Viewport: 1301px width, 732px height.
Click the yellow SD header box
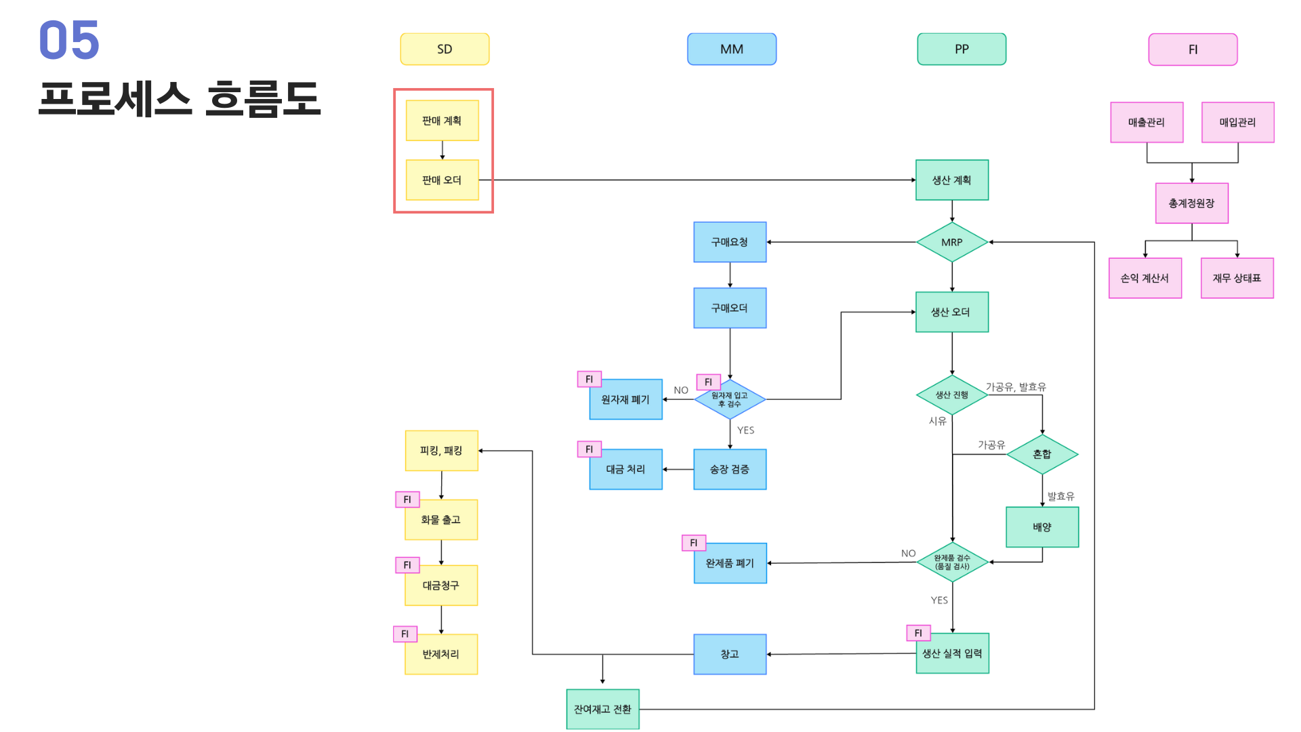[x=445, y=49]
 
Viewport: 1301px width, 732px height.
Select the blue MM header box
[x=732, y=49]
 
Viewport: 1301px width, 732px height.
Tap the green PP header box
[x=962, y=49]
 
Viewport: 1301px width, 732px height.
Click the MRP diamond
[x=952, y=242]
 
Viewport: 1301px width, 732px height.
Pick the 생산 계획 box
[x=952, y=180]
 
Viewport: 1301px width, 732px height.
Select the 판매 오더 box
[x=442, y=180]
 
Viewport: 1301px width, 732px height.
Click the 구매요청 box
[x=730, y=242]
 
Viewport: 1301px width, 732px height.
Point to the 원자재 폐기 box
[x=626, y=399]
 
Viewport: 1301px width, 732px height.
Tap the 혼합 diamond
[x=1042, y=454]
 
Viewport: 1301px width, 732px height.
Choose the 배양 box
[x=1042, y=527]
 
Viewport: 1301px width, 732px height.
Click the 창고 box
[x=730, y=654]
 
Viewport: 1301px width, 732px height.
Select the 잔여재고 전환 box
[x=602, y=709]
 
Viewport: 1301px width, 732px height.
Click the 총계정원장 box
[x=1192, y=203]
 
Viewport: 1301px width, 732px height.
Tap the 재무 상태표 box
[x=1237, y=278]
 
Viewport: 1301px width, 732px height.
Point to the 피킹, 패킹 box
[x=442, y=451]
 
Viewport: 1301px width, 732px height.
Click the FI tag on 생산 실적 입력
[x=919, y=633]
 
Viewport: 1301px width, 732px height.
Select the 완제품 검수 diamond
[x=952, y=562]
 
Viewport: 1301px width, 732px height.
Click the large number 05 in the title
[x=69, y=40]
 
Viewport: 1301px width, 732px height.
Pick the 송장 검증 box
[x=730, y=469]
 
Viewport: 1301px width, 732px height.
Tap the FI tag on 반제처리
[x=405, y=634]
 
